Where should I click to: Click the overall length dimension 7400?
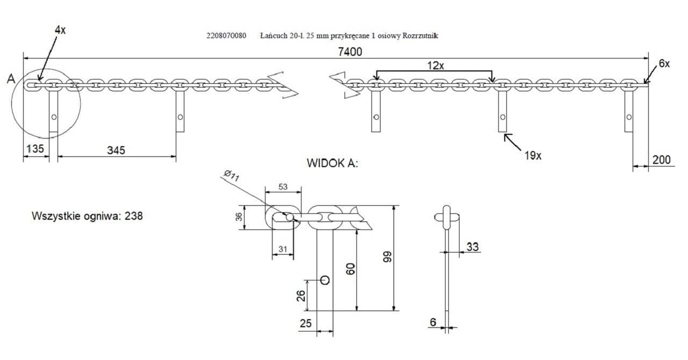(x=350, y=52)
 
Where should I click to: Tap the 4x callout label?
(x=60, y=30)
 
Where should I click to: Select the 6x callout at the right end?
(x=664, y=63)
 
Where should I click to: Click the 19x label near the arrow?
(x=533, y=155)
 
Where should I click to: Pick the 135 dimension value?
(x=34, y=149)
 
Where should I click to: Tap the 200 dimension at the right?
(x=661, y=159)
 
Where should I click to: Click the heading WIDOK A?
(x=332, y=163)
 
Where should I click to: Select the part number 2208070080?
(x=226, y=35)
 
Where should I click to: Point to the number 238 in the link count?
(x=133, y=217)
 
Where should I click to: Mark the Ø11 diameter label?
(x=233, y=175)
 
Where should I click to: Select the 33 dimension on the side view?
(x=472, y=247)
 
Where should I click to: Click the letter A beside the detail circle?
(x=11, y=79)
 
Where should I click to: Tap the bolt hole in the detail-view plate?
(x=325, y=280)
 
